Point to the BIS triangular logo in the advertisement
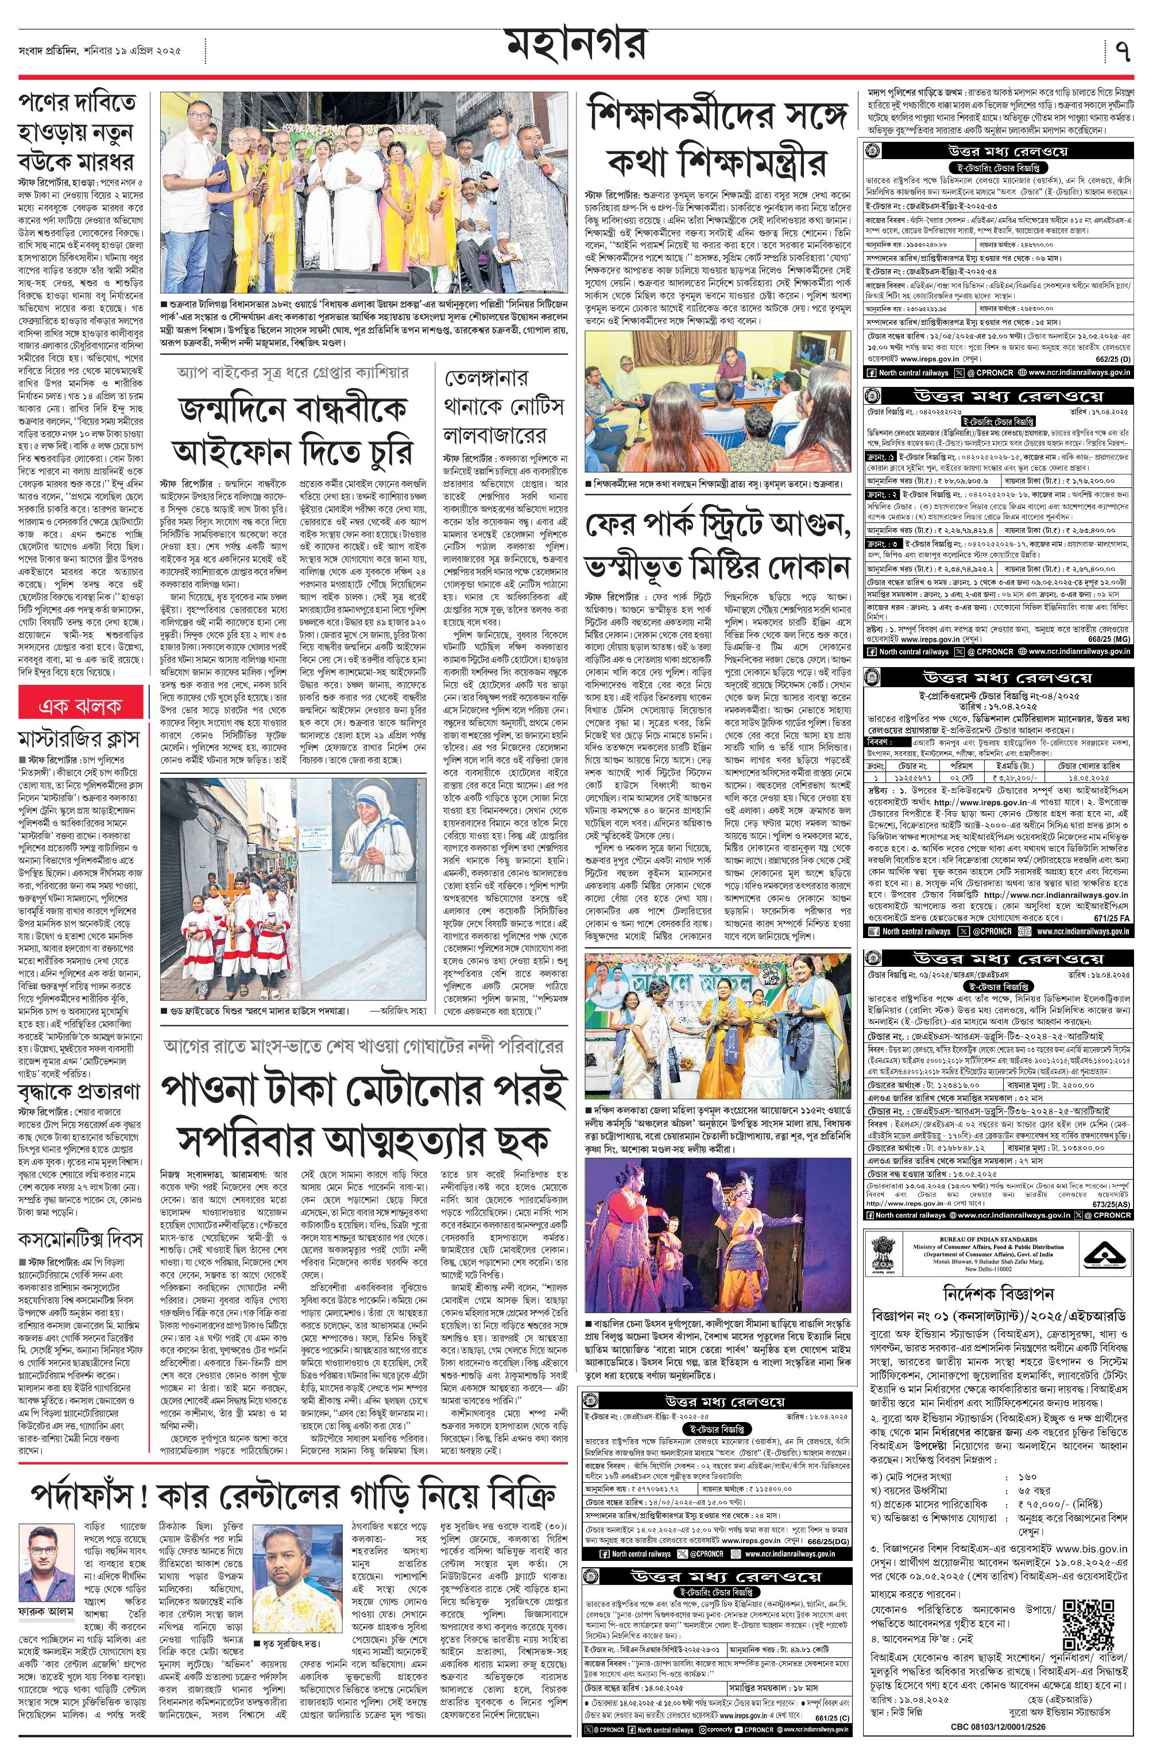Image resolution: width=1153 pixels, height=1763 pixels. (1104, 1258)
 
